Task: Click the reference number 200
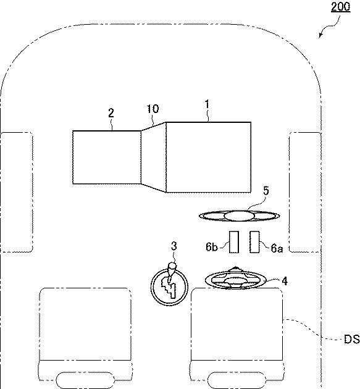point(341,6)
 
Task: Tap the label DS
point(351,339)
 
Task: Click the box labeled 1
point(208,157)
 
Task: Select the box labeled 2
point(107,157)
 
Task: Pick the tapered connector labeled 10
point(153,157)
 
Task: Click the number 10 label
point(153,109)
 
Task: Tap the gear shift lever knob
point(172,267)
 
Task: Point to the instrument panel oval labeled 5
point(240,215)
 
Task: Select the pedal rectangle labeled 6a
point(254,242)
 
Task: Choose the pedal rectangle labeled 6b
point(233,242)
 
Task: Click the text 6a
point(277,248)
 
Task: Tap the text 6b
point(212,247)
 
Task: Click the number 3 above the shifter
point(174,246)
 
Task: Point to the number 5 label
point(266,191)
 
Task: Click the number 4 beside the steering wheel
point(285,281)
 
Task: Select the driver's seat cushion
point(237,324)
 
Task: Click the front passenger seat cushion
point(85,324)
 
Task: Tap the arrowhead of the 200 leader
point(320,35)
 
